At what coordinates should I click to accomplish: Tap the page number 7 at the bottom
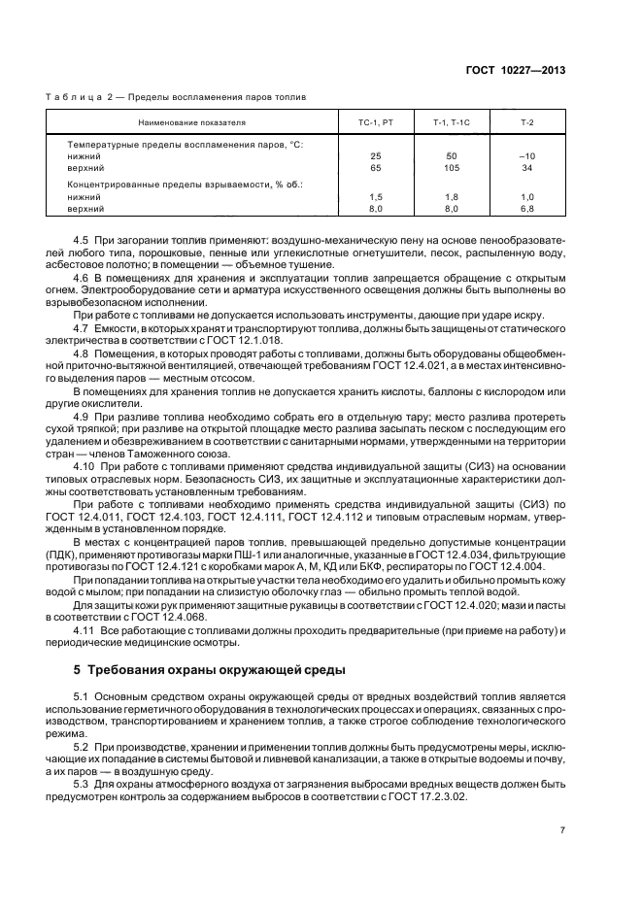pos(562,830)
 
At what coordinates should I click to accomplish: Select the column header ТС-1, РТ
pos(376,123)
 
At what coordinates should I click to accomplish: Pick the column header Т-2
pos(527,123)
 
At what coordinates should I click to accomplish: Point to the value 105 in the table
pos(451,168)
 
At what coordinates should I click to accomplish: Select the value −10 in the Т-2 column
pos(527,155)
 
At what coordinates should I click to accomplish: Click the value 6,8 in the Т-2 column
pos(527,209)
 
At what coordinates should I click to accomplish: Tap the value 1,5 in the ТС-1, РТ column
pos(376,196)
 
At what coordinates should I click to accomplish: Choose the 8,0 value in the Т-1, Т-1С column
pos(451,209)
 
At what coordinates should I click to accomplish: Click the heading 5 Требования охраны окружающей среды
pos(210,671)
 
